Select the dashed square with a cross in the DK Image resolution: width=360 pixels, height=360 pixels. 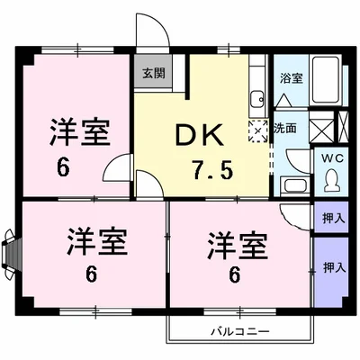tap(259, 131)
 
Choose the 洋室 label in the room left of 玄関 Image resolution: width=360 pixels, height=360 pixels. tap(80, 133)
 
